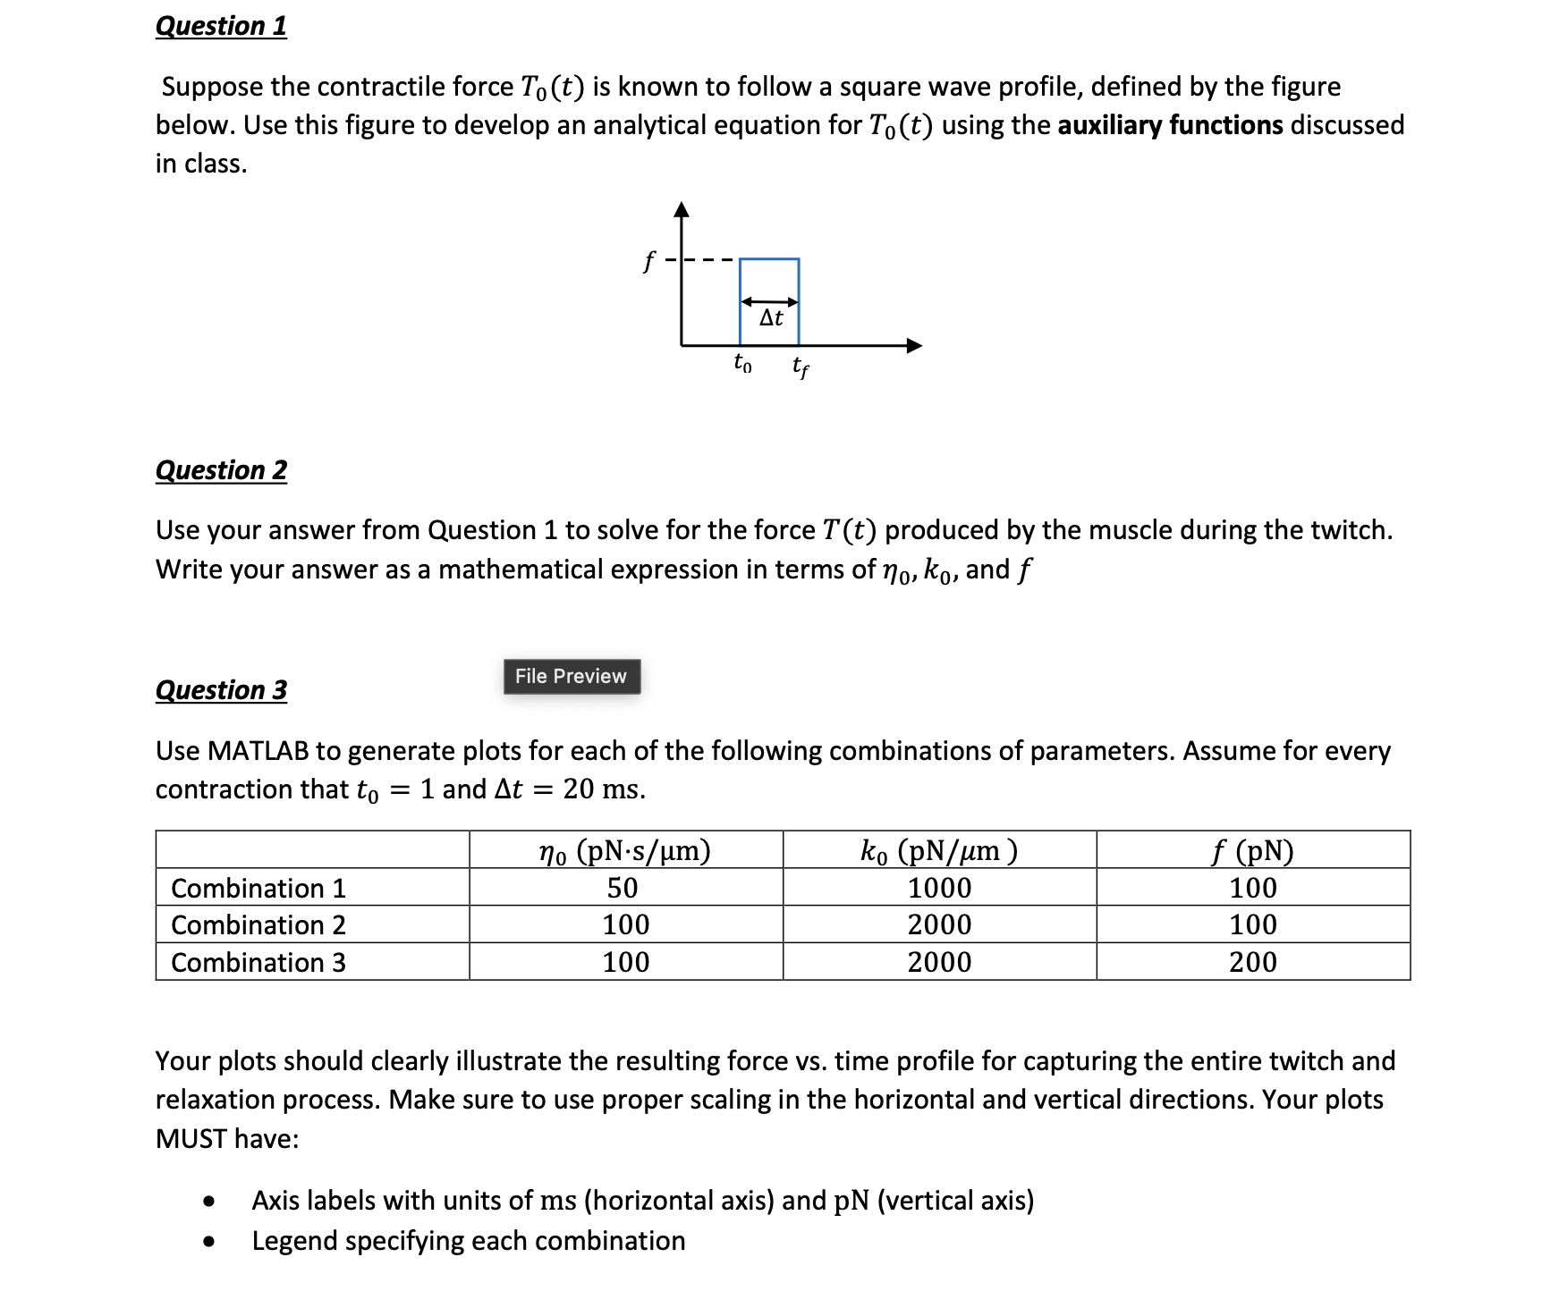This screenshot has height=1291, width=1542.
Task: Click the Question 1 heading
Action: [x=221, y=26]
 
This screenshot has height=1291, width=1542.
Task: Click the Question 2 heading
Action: [x=221, y=470]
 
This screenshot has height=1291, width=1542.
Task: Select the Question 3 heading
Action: [x=221, y=690]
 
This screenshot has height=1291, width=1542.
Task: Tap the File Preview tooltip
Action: [x=571, y=676]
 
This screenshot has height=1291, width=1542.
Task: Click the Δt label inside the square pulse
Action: [x=771, y=318]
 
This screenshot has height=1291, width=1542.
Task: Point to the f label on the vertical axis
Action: [x=649, y=262]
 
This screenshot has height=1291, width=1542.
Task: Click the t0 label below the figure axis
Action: [x=742, y=363]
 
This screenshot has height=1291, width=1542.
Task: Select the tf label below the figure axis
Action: [x=801, y=366]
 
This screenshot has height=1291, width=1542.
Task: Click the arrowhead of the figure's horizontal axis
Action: [x=914, y=346]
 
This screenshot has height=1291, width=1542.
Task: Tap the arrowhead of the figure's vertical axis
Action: [x=682, y=210]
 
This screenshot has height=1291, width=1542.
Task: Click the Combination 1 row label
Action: [x=258, y=888]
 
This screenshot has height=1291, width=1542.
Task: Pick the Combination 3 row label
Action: [x=258, y=962]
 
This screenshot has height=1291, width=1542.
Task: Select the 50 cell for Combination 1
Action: [x=623, y=888]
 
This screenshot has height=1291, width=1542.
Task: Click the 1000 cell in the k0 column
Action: [x=939, y=888]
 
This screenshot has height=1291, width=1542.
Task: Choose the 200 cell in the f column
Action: [x=1253, y=962]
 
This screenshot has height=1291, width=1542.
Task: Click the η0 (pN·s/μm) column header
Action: [x=625, y=850]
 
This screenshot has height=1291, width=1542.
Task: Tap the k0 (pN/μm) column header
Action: [x=939, y=850]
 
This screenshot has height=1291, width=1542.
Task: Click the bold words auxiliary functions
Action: [x=1170, y=125]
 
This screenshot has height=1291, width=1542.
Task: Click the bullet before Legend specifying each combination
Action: [x=209, y=1241]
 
